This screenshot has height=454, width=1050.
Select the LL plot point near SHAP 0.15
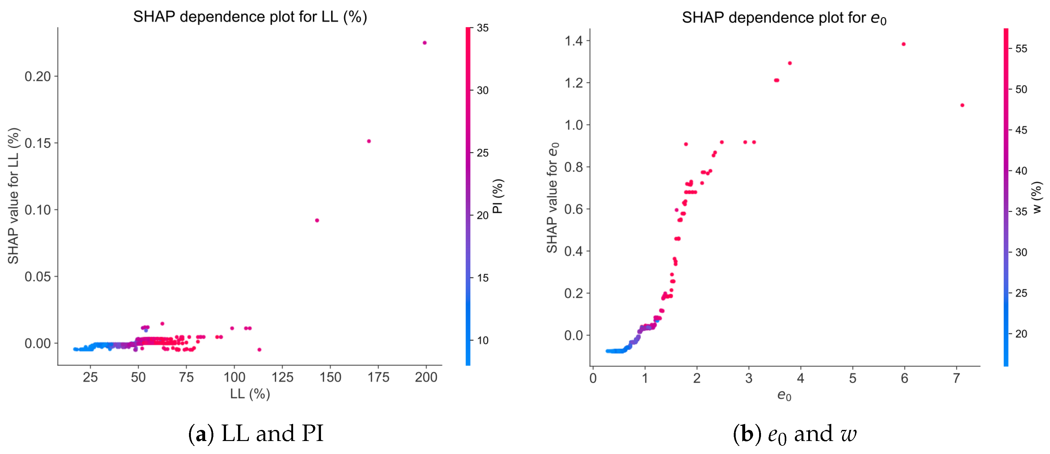[x=368, y=141]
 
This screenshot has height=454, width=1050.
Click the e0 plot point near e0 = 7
[x=962, y=105]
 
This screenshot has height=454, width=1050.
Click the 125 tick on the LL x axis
[x=282, y=377]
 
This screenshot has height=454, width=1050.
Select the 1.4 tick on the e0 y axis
[x=574, y=41]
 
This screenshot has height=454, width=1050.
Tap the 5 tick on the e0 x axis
[x=852, y=379]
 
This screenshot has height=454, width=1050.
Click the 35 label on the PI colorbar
[x=483, y=28]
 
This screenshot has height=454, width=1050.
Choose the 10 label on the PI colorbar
[x=483, y=341]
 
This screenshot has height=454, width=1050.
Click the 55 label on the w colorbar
[x=1021, y=49]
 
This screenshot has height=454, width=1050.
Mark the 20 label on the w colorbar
[x=1021, y=334]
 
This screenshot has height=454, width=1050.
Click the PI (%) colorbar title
[x=498, y=196]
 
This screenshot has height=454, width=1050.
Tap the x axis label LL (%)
[x=250, y=394]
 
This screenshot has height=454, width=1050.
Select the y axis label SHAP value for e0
[x=552, y=197]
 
